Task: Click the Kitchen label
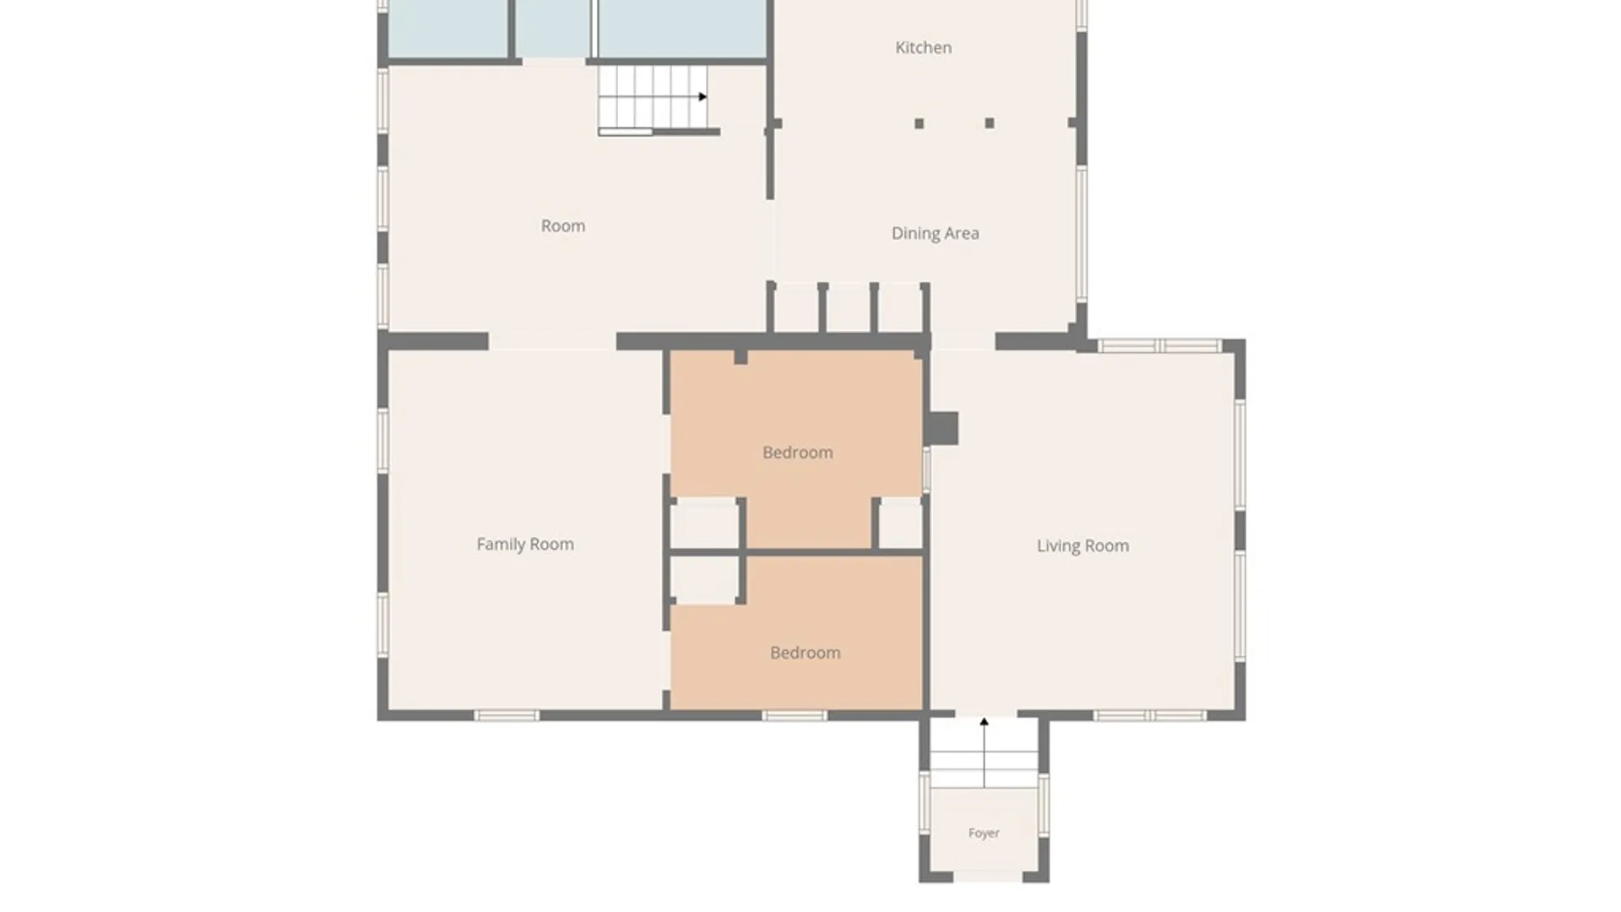coord(923,48)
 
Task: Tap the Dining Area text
coord(935,234)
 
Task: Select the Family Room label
coord(525,545)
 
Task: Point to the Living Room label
coord(1082,546)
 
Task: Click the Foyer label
coord(984,833)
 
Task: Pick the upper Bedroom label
coord(798,453)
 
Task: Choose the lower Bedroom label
coord(805,653)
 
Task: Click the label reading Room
coord(563,226)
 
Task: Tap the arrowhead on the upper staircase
coord(702,97)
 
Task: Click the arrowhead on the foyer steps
coord(984,722)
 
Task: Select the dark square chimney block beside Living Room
coord(942,428)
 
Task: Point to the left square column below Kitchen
coord(919,123)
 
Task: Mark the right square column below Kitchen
coord(989,123)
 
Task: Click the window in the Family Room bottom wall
coord(507,716)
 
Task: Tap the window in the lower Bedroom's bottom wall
coord(794,716)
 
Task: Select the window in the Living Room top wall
coord(1159,345)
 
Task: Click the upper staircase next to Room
coord(653,99)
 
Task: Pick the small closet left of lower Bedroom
coord(704,580)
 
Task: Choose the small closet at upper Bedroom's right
coord(901,524)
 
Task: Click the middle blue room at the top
coord(553,29)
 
